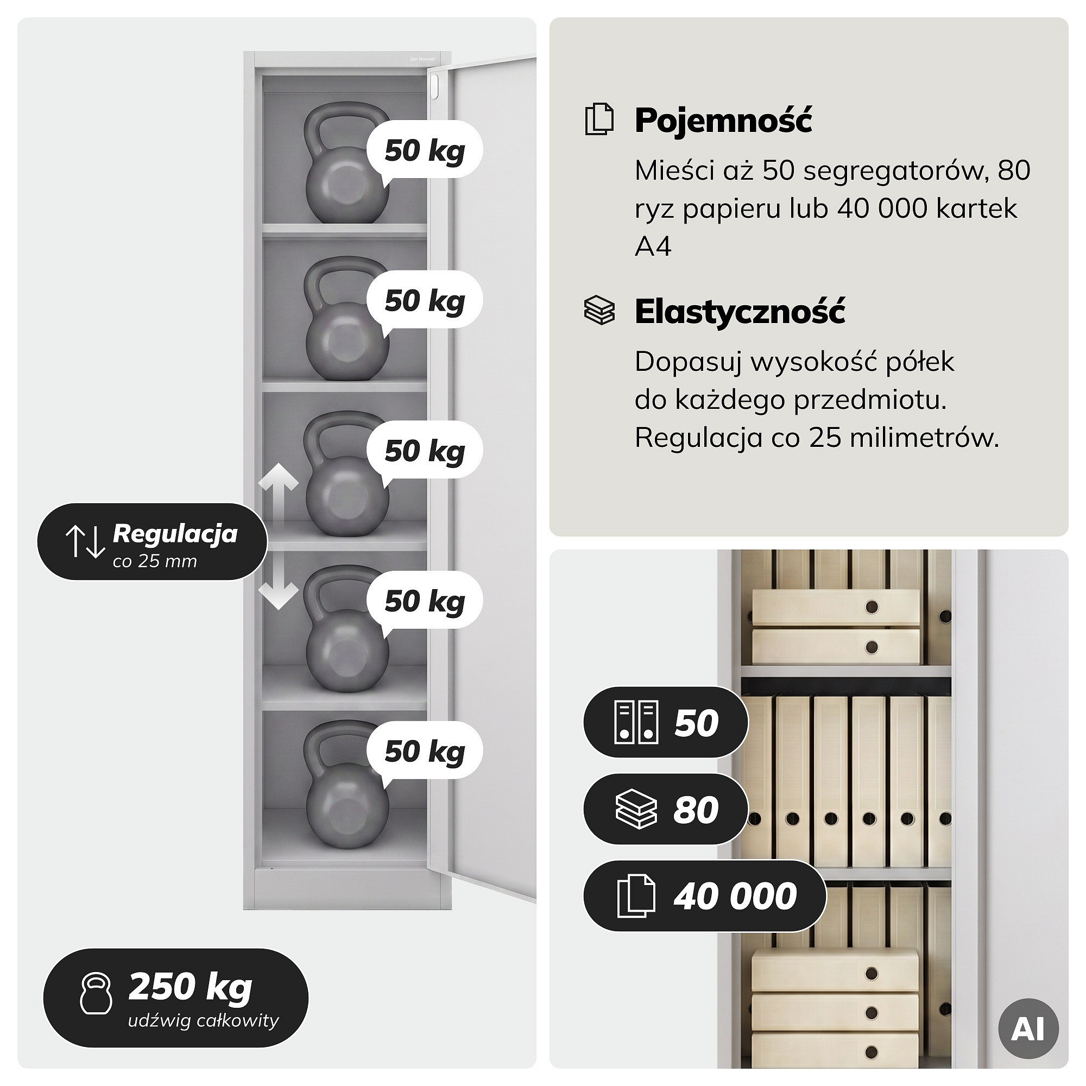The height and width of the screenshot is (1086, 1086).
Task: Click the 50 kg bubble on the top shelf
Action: (425, 150)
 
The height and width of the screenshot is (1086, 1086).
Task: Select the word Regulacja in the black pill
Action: (175, 533)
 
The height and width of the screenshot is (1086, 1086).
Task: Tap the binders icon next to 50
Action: (636, 722)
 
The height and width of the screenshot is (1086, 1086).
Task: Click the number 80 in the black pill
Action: (696, 810)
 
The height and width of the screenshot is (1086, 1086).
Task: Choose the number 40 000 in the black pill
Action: (735, 896)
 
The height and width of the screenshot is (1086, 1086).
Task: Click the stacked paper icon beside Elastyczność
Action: (599, 310)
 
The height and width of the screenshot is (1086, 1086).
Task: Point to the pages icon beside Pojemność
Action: (599, 119)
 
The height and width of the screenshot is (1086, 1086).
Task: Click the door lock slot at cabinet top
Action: (434, 84)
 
